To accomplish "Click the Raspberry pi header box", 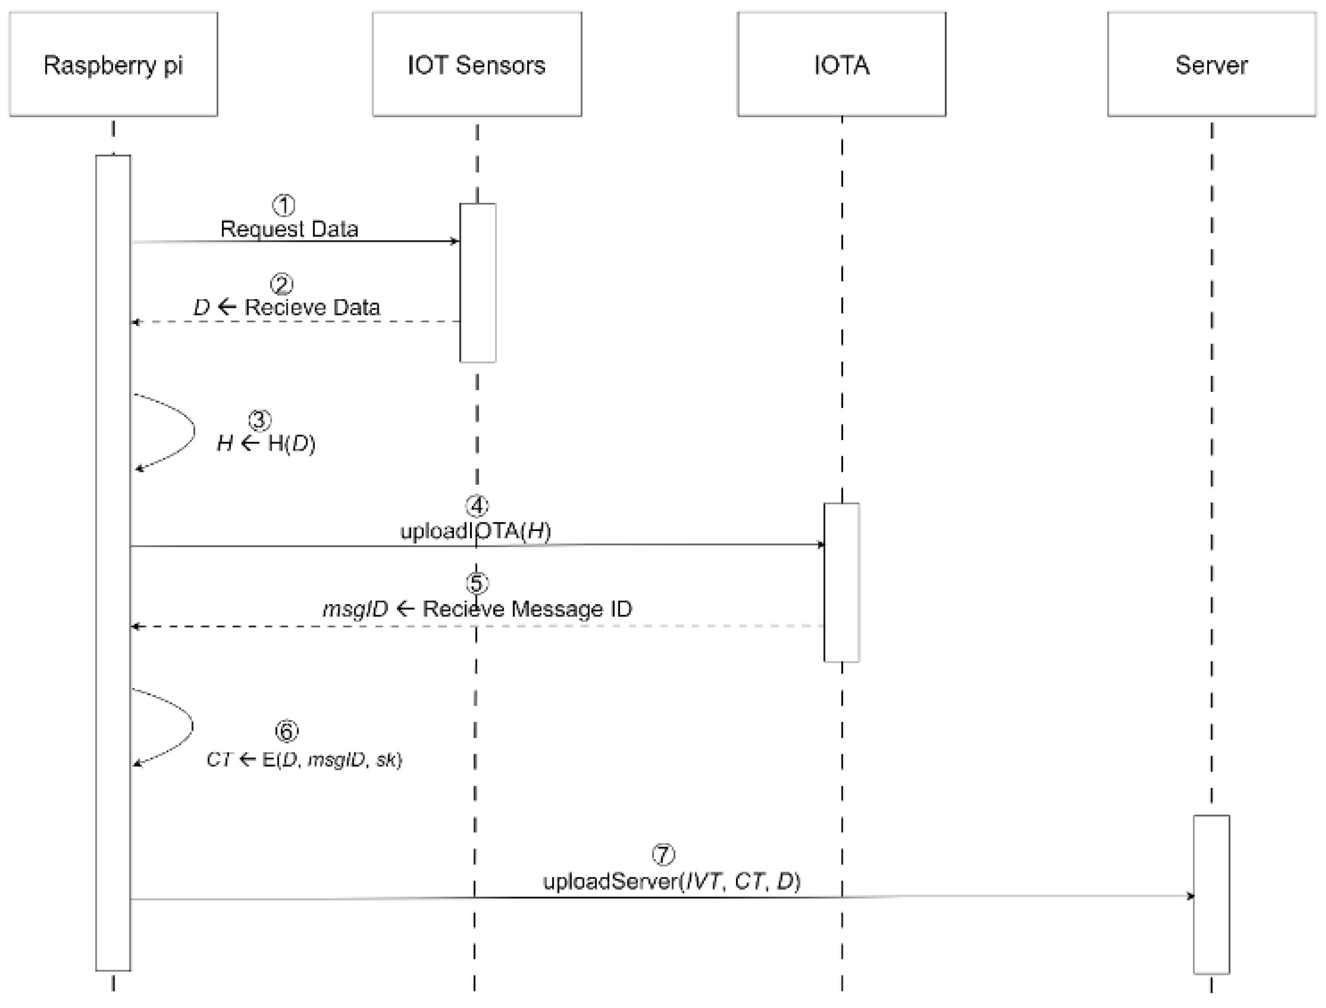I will [113, 64].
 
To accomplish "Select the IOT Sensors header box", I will [477, 64].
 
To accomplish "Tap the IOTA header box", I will [841, 64].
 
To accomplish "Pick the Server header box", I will [1211, 64].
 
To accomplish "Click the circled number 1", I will [284, 205].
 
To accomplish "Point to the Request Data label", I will [289, 229].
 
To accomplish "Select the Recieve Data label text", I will [312, 307].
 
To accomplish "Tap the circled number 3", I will [259, 420].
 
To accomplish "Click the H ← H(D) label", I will [265, 443].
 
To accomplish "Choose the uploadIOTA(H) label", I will [475, 531].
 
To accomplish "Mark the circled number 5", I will [477, 583].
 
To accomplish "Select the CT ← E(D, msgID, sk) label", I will [304, 760].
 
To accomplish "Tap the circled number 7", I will [663, 854].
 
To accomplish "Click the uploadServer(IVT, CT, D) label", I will [672, 881].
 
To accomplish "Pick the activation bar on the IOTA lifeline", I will [841, 582].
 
